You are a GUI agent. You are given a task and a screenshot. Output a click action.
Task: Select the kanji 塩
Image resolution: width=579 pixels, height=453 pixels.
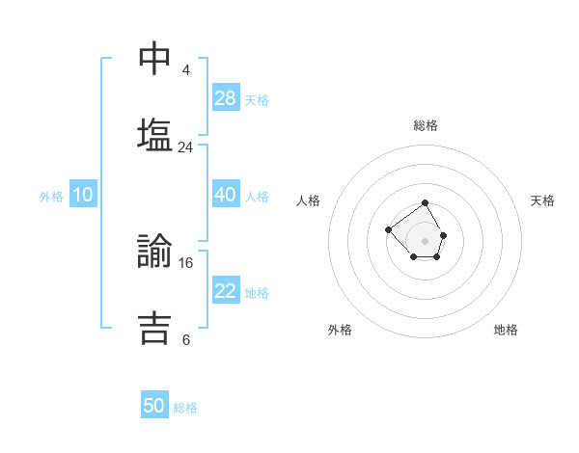tap(155, 133)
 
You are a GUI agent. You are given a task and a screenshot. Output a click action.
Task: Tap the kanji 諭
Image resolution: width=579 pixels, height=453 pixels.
tap(155, 250)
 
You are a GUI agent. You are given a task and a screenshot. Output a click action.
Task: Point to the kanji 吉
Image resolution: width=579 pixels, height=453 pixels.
tap(155, 326)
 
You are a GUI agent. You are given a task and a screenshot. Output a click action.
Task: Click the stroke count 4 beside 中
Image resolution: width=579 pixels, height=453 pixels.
tap(186, 70)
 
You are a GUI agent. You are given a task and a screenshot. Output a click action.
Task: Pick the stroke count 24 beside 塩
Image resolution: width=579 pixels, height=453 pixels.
tap(186, 147)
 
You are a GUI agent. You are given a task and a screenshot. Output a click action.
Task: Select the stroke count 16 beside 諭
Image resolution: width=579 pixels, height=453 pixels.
tap(186, 262)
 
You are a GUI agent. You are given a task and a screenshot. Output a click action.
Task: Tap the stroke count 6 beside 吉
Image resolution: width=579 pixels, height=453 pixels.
tap(186, 339)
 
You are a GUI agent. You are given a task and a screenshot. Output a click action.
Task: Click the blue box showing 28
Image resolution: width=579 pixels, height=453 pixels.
tap(226, 98)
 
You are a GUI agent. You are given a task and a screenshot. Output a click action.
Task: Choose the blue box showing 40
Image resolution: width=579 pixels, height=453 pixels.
tap(226, 195)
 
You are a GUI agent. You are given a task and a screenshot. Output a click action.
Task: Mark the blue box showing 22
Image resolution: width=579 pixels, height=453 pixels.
tap(226, 291)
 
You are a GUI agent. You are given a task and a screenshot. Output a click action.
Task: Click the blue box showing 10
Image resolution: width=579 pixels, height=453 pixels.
tap(83, 195)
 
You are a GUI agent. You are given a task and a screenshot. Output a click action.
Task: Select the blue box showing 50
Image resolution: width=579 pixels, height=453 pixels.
tap(154, 406)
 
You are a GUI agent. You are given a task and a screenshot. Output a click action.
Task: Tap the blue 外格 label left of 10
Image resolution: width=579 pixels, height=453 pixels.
tap(51, 197)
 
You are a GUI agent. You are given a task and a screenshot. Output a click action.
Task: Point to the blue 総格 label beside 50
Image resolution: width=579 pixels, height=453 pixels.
tap(185, 408)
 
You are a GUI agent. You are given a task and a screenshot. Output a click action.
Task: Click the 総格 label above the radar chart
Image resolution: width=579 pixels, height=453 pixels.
tap(426, 125)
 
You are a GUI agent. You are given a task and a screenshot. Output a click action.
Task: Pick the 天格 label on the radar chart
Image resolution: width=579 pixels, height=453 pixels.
tap(543, 200)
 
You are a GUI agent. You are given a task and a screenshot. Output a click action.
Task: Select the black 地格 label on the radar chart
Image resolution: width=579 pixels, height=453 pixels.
tap(506, 330)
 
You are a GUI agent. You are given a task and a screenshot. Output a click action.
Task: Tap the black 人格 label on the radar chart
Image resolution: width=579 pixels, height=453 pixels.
tap(309, 200)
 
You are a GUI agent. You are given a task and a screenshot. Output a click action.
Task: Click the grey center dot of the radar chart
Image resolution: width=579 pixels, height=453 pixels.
tap(426, 241)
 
